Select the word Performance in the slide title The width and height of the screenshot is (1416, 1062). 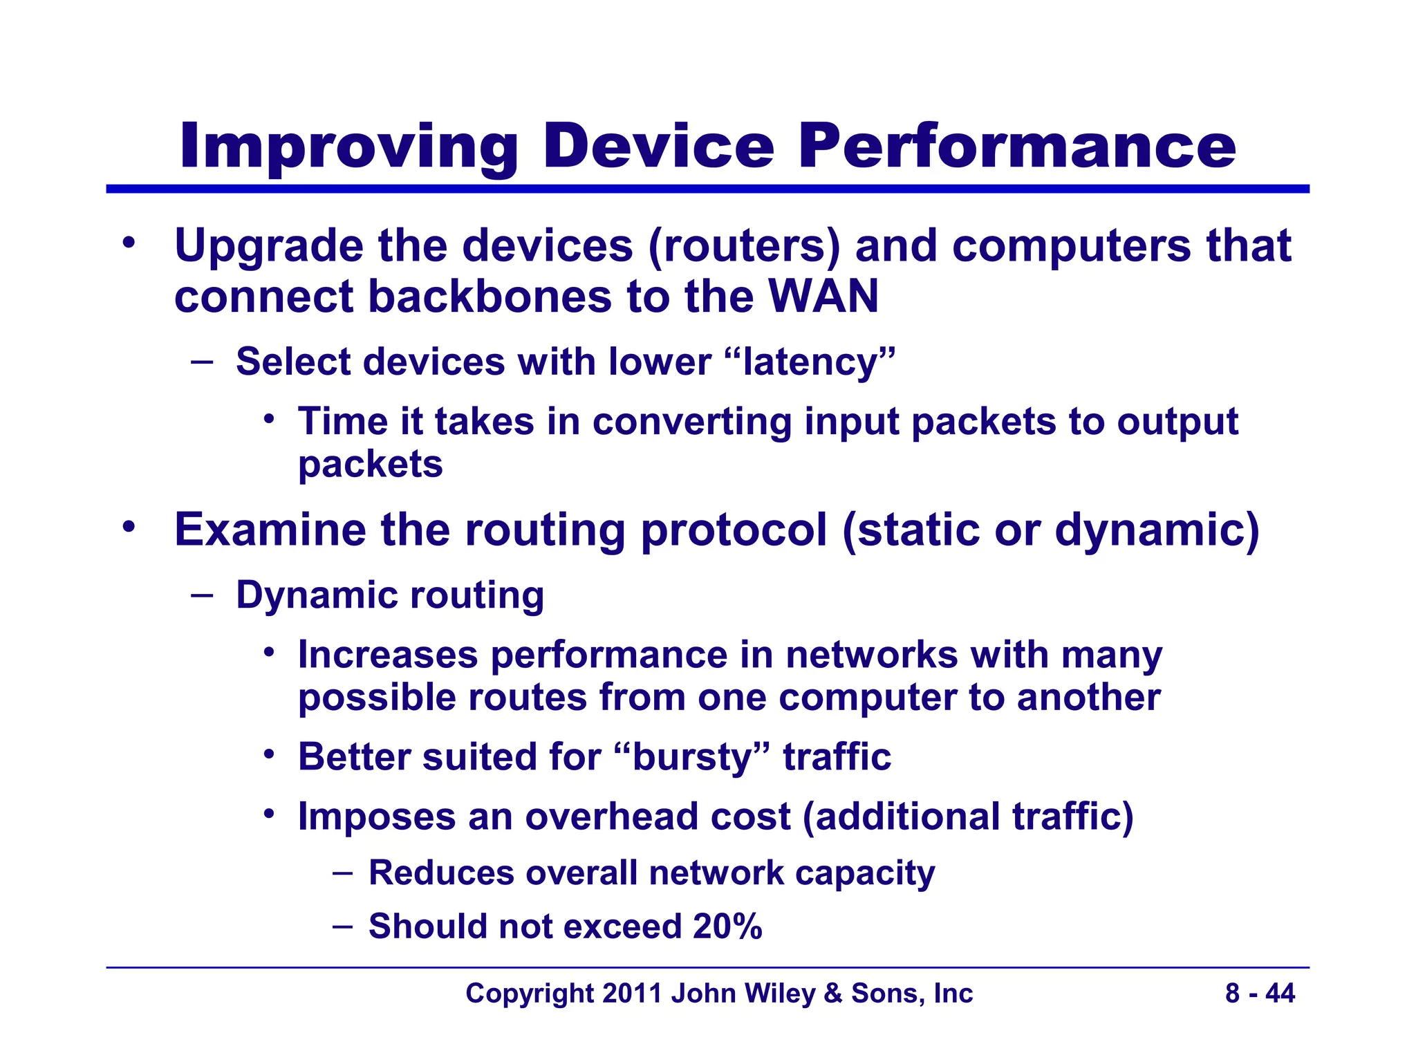click(x=1016, y=147)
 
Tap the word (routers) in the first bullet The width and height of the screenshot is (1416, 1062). click(x=744, y=246)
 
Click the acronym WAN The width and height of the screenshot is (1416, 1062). click(x=823, y=297)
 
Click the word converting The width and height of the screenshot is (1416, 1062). click(x=692, y=422)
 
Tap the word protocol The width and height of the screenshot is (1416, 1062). click(x=734, y=530)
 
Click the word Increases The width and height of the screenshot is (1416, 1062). click(x=388, y=655)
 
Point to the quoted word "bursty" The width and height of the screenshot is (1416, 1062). click(x=691, y=756)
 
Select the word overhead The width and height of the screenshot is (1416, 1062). click(x=608, y=817)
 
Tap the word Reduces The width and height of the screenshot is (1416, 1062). click(x=441, y=873)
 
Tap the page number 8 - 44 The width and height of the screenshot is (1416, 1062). click(x=1260, y=994)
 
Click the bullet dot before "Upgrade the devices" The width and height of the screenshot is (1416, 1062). click(x=129, y=243)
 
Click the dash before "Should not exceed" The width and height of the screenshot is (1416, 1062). click(x=342, y=925)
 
